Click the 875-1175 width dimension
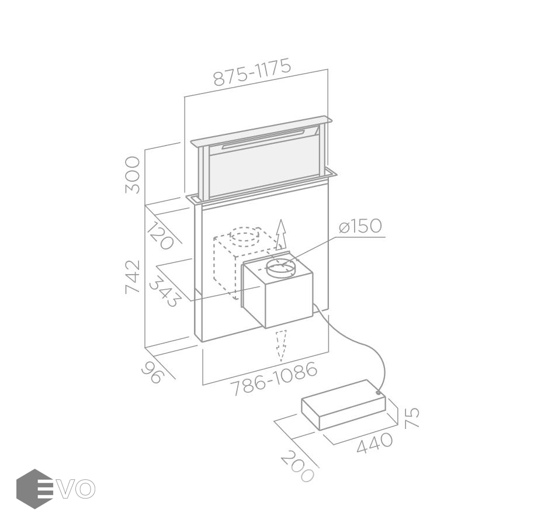point(252,72)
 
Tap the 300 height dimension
point(133,175)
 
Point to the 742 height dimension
point(133,277)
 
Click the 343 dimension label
point(165,291)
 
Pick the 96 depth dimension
point(151,372)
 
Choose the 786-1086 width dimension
point(274,378)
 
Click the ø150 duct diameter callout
point(360,226)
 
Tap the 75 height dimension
point(412,418)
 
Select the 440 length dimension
point(374,442)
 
